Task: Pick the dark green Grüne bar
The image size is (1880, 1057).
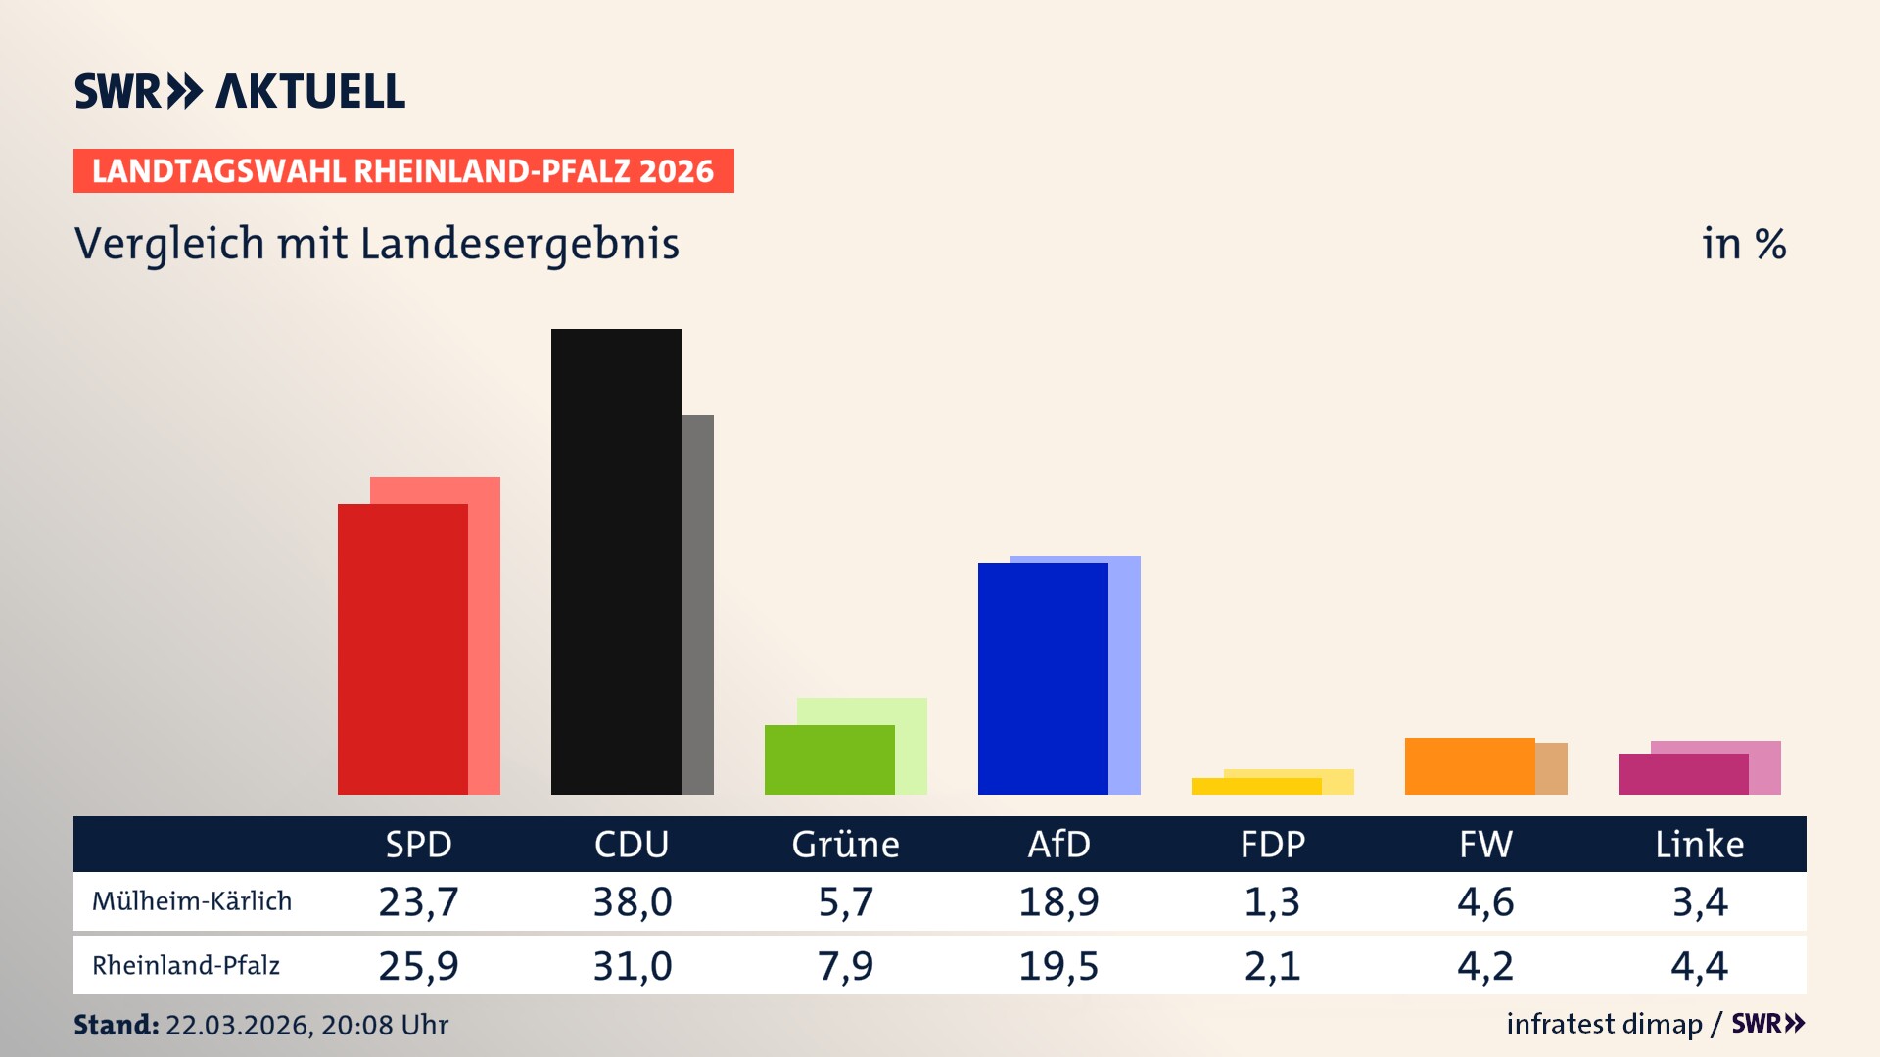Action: click(x=829, y=759)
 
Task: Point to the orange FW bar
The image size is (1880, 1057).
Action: click(x=1470, y=765)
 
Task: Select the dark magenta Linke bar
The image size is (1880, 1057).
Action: click(x=1683, y=773)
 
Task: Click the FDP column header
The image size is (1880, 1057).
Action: click(x=1272, y=845)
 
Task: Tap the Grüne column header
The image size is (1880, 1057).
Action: click(x=845, y=845)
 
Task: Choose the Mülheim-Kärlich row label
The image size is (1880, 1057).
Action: click(x=192, y=901)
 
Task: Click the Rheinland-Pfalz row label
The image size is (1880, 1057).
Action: click(x=186, y=966)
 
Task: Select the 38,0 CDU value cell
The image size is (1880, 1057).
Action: click(x=633, y=901)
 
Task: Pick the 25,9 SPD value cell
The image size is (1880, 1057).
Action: click(x=419, y=966)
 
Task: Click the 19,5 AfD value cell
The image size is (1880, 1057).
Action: click(x=1058, y=966)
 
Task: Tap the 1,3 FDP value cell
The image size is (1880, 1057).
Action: click(x=1272, y=901)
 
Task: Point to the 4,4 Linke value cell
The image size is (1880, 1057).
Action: click(x=1699, y=966)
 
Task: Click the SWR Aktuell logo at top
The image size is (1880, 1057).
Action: click(x=240, y=91)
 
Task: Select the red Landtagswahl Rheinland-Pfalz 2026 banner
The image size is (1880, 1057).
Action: click(x=403, y=171)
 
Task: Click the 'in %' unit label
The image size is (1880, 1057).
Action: click(x=1744, y=244)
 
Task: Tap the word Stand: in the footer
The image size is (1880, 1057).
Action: click(x=116, y=1025)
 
